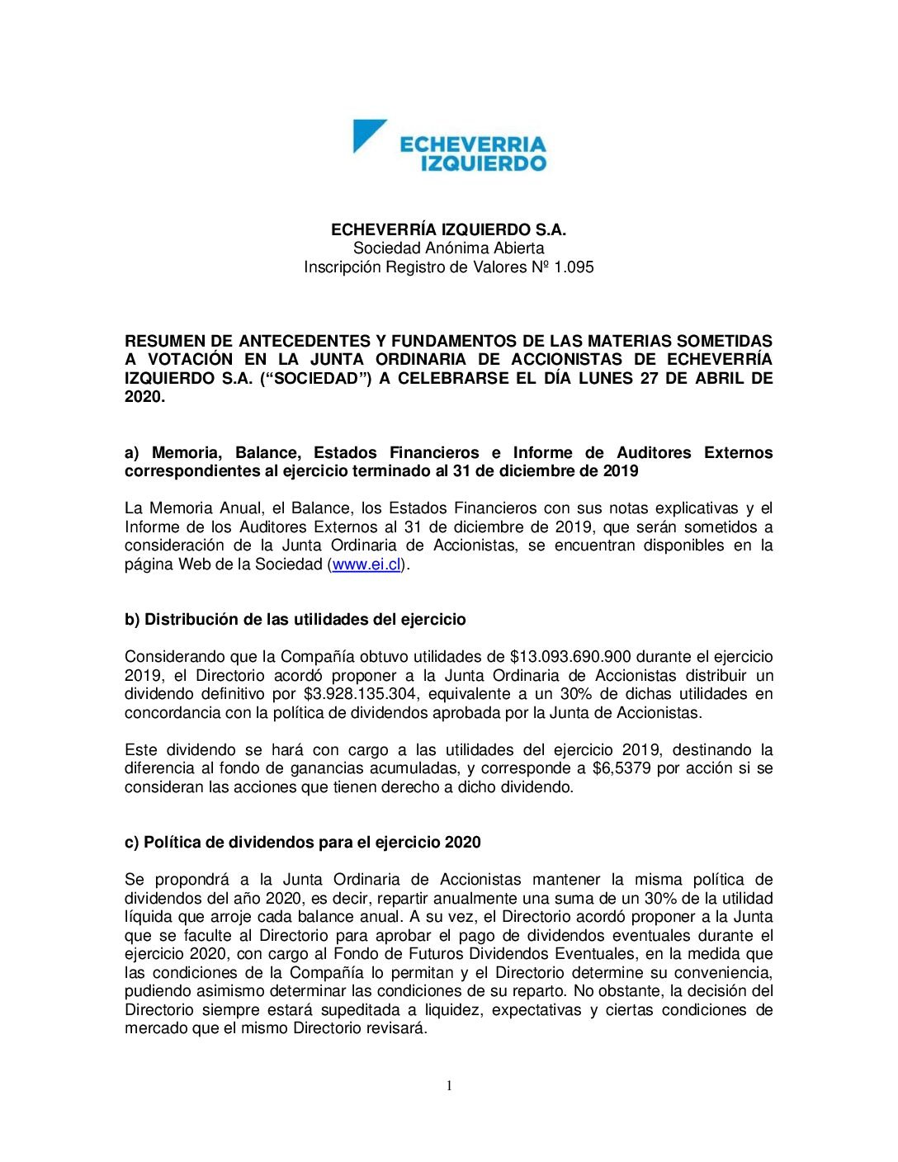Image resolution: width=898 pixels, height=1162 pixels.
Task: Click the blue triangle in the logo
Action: pos(366,134)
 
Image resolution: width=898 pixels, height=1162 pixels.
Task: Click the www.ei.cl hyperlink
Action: pos(366,564)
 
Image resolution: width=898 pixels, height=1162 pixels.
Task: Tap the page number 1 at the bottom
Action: pos(449,1085)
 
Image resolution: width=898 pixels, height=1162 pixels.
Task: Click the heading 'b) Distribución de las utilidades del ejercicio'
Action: pos(295,620)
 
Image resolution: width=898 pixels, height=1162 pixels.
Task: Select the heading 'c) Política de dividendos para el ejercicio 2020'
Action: pos(302,843)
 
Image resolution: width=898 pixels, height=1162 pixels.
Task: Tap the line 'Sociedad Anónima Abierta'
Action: pos(448,248)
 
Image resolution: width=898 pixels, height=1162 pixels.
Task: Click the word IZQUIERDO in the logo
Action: pos(484,163)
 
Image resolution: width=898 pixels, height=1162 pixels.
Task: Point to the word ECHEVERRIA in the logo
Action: pos(473,144)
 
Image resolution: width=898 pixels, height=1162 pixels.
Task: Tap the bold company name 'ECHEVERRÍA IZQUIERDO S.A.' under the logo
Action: pos(448,229)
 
